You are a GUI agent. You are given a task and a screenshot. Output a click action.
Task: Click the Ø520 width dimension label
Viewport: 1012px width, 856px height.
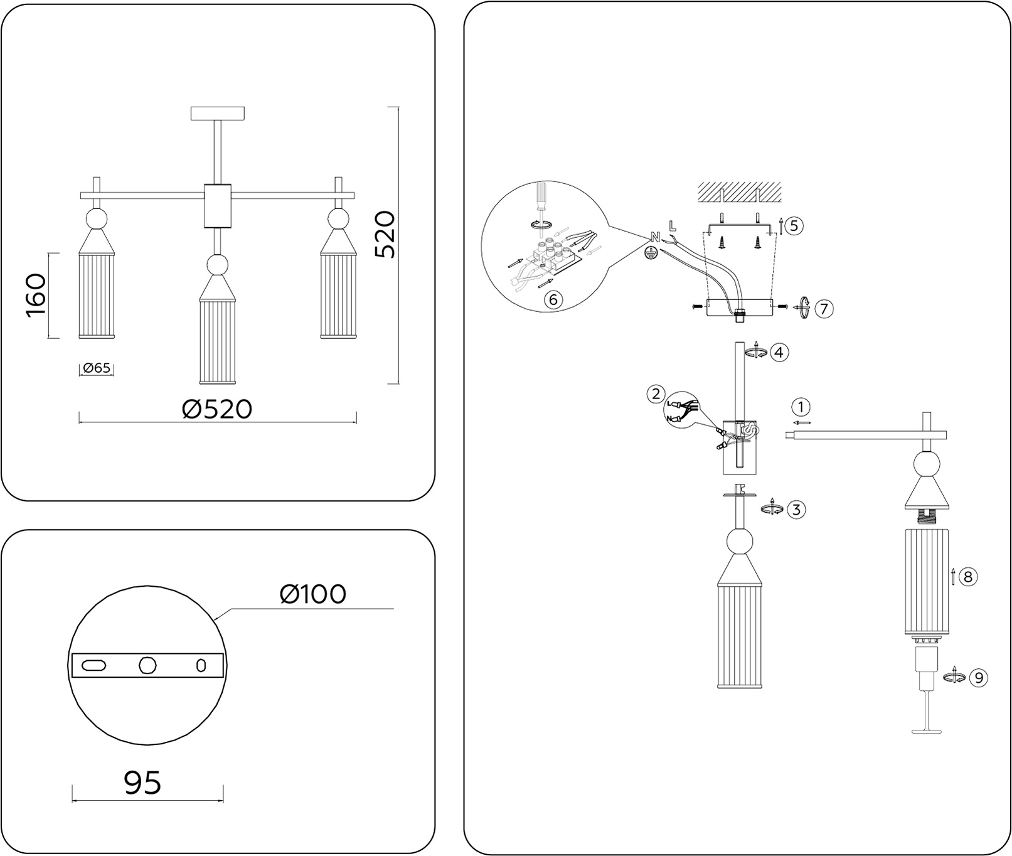pyautogui.click(x=217, y=409)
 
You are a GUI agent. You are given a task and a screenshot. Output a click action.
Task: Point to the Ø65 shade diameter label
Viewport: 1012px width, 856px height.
pyautogui.click(x=97, y=368)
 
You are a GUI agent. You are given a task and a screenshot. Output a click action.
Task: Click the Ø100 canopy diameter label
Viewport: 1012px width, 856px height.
pyautogui.click(x=312, y=594)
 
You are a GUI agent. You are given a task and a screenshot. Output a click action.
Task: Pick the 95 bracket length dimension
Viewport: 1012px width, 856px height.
pyautogui.click(x=142, y=782)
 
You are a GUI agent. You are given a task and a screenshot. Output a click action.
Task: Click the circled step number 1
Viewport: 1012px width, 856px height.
pyautogui.click(x=801, y=407)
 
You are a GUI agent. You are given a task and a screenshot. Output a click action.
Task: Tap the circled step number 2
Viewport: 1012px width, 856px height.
pyautogui.click(x=656, y=394)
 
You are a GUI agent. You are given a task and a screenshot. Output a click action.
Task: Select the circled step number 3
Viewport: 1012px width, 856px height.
pyautogui.click(x=796, y=509)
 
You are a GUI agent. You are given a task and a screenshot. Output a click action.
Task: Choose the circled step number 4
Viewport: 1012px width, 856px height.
pyautogui.click(x=779, y=352)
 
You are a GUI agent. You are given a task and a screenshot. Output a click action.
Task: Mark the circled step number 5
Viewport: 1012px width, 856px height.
pyautogui.click(x=794, y=225)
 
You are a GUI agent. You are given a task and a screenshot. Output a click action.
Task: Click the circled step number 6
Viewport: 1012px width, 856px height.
pyautogui.click(x=553, y=299)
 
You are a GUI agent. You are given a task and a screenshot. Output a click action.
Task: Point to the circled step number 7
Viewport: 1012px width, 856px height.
pyautogui.click(x=824, y=308)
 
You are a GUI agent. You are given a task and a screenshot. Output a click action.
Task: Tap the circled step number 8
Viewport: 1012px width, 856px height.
pyautogui.click(x=968, y=576)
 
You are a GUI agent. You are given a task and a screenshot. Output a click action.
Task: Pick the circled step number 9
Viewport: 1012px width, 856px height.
pyautogui.click(x=978, y=677)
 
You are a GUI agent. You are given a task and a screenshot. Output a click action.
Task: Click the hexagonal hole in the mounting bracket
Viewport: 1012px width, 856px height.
pyautogui.click(x=147, y=665)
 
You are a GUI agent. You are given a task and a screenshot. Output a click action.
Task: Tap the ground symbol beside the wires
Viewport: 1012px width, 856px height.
pyautogui.click(x=652, y=252)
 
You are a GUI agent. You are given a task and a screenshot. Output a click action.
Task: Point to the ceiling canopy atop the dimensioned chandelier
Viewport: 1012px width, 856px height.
pyautogui.click(x=217, y=114)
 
